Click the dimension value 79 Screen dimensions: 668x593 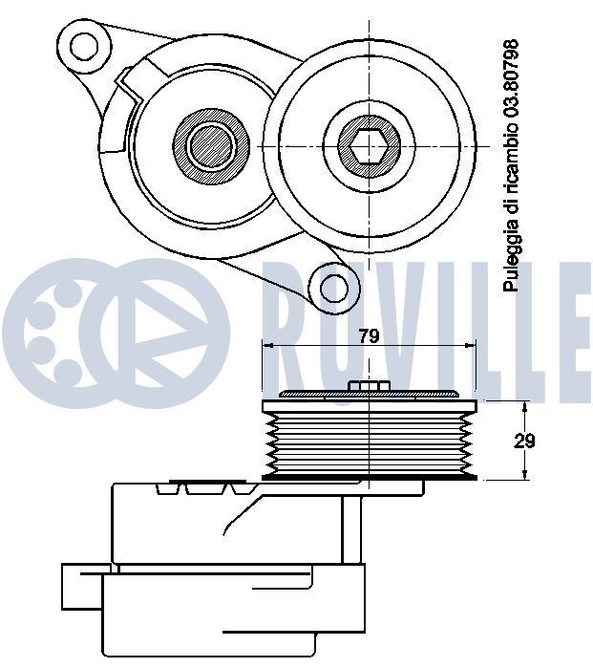369,335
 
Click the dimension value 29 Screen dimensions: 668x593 523,441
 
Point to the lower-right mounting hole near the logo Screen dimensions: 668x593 334,286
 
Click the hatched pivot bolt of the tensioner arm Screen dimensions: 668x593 210,146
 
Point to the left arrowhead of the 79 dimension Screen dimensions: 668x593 267,346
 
